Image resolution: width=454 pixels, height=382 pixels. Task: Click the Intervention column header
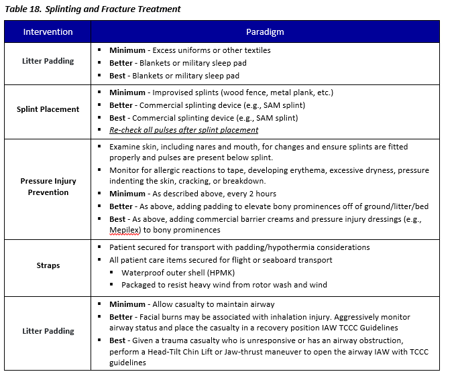tap(48, 32)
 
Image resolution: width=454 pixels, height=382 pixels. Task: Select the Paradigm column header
tap(265, 32)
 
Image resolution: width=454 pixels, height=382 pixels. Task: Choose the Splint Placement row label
tap(48, 109)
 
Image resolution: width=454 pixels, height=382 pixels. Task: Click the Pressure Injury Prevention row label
tap(48, 186)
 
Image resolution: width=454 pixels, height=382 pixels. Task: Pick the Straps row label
tap(48, 265)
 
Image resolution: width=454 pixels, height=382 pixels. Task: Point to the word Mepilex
tap(123, 230)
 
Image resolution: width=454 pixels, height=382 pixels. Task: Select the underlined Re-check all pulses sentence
tap(184, 130)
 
